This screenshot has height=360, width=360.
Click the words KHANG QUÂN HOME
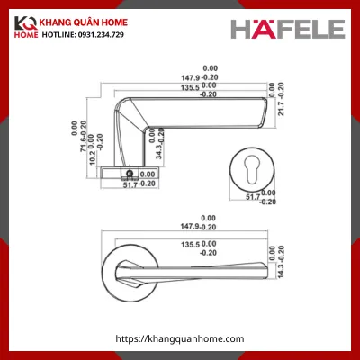pos(108,22)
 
